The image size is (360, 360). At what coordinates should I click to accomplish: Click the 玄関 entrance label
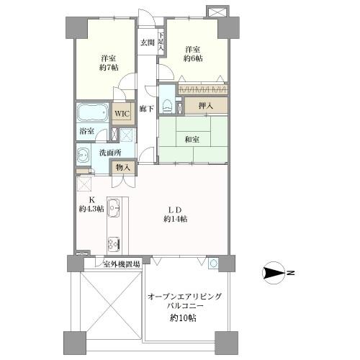point(147,42)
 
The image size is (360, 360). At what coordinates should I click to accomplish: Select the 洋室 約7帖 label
point(109,63)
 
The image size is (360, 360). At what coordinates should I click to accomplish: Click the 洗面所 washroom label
point(111,152)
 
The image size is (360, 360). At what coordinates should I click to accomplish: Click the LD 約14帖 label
point(176,213)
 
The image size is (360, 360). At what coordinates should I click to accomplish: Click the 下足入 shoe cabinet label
point(162,42)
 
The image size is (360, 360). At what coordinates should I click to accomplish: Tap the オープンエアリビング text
point(185,297)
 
